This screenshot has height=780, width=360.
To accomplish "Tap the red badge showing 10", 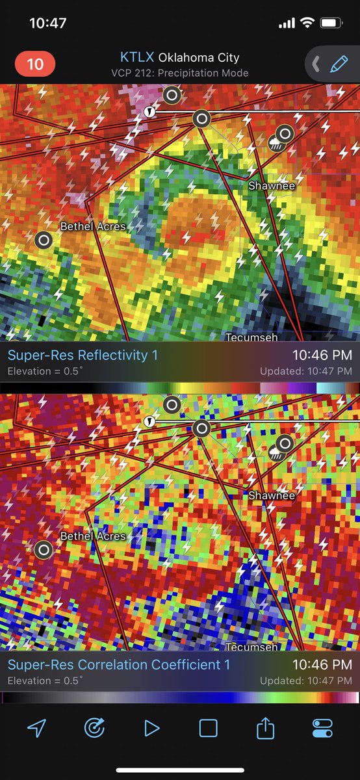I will (x=34, y=64).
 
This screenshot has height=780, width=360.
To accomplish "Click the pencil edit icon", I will (x=339, y=64).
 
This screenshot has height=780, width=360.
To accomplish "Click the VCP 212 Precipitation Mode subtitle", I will (x=179, y=73).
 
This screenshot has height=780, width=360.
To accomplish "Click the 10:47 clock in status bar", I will (x=48, y=23).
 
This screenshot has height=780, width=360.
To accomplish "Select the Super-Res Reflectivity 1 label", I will (x=83, y=355).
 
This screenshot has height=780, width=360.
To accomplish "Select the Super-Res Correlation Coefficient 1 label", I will (x=119, y=664).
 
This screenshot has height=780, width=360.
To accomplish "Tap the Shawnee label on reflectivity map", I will (x=272, y=186).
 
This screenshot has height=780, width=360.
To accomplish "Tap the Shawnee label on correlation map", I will (x=272, y=495).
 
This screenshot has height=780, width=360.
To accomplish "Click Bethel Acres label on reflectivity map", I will (x=93, y=227).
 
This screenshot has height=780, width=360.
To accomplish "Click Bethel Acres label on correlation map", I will (x=93, y=536).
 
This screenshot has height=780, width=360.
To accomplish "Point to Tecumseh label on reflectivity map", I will (x=251, y=337).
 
